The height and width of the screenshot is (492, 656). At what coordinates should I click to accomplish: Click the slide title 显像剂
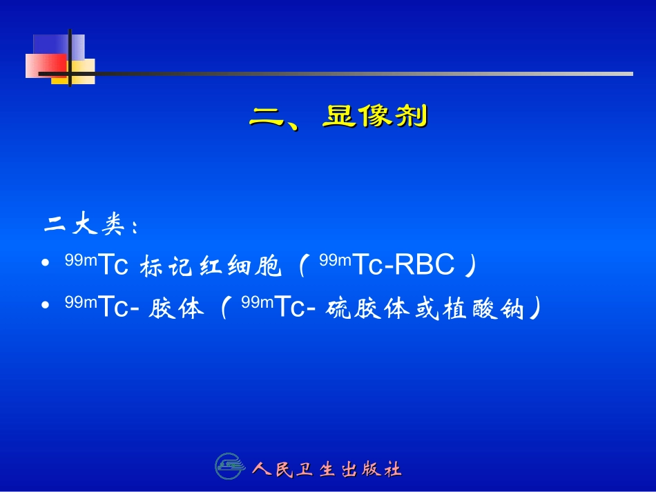pyautogui.click(x=375, y=117)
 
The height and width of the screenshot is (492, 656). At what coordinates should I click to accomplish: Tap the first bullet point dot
pyautogui.click(x=46, y=265)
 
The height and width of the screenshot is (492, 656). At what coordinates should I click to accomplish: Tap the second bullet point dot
pyautogui.click(x=46, y=306)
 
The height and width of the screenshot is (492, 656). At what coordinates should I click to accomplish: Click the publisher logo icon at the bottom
pyautogui.click(x=230, y=467)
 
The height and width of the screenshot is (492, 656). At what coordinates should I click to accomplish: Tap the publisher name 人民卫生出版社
pyautogui.click(x=327, y=470)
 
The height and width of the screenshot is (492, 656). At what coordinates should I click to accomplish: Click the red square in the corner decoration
pyautogui.click(x=46, y=66)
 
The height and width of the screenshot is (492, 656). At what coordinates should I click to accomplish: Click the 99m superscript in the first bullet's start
pyautogui.click(x=81, y=260)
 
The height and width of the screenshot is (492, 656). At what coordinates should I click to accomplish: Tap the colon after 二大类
pyautogui.click(x=135, y=227)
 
